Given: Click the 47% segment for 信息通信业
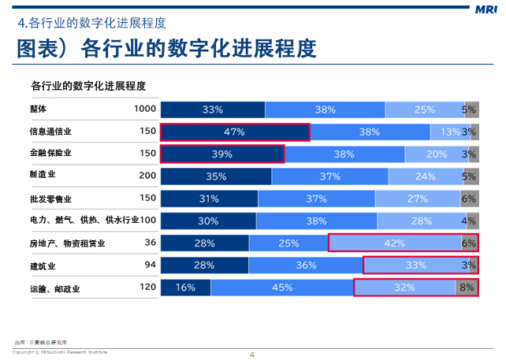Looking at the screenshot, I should point(235,132).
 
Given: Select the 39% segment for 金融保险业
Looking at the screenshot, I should point(222,154).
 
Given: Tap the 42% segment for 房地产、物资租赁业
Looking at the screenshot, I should point(395,243).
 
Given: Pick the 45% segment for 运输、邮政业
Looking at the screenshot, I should point(282,288).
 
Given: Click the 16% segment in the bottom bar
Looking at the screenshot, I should point(185,288).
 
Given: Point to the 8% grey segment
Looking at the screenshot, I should point(467,288).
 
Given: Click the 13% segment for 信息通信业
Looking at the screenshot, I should point(450,132).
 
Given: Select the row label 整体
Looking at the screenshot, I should point(39,109).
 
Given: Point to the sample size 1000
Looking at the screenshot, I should point(145,109).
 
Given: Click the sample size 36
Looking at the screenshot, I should point(150,243).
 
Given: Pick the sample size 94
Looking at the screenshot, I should point(150,265).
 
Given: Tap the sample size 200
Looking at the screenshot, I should point(147,175).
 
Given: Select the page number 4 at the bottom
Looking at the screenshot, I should point(252,354).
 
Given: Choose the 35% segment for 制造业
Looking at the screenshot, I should point(216,176).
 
